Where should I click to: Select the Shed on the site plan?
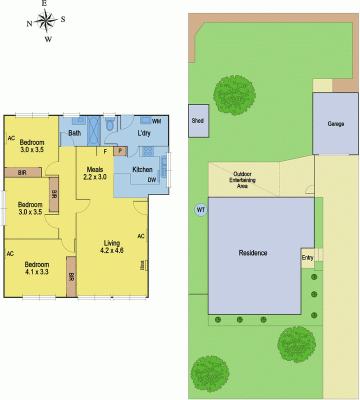click(198, 120)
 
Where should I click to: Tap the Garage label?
click(335, 124)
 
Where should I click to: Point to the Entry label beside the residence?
click(307, 258)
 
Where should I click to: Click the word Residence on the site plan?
click(253, 253)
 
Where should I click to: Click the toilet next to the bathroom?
click(110, 124)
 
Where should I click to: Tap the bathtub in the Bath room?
click(93, 130)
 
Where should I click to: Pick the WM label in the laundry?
click(156, 121)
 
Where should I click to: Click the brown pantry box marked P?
click(120, 151)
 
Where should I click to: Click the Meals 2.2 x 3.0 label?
click(95, 172)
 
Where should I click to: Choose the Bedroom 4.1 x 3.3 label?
click(37, 268)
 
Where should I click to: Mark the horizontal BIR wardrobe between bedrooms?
click(22, 172)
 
